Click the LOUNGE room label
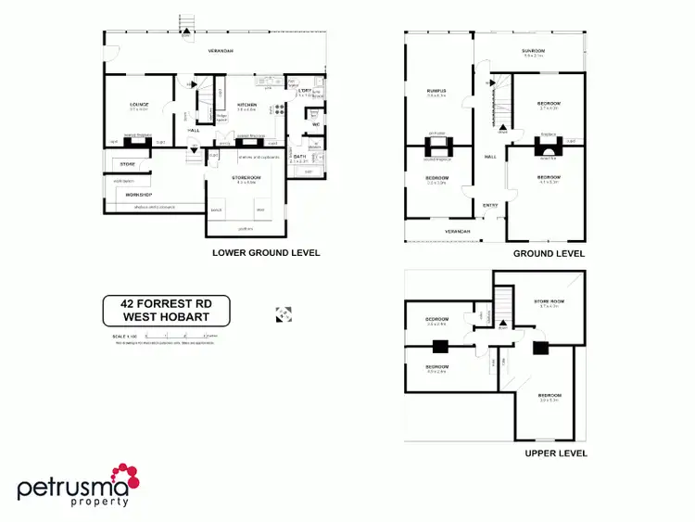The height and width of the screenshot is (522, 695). coord(140,105)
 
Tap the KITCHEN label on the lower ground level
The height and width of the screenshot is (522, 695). coord(247,105)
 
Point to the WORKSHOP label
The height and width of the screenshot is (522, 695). coord(138,195)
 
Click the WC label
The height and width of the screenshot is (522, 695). coord(316,124)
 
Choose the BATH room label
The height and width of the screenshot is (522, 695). coord(300,157)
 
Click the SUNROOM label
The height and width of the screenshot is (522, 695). coord(533,51)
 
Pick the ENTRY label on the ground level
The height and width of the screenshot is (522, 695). coord(491,206)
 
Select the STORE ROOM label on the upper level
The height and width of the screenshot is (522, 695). coord(550,301)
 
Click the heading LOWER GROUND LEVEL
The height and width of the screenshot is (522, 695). coord(266,252)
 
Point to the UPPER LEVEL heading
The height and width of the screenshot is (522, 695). coord(555,453)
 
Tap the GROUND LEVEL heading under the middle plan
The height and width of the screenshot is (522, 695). coord(550,253)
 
